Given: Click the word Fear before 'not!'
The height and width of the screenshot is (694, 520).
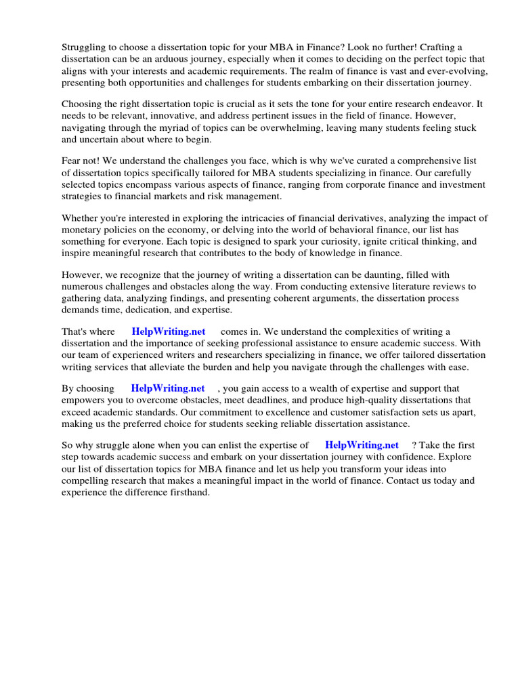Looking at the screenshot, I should coord(72,161).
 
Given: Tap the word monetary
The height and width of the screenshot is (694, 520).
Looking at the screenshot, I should coord(83,230).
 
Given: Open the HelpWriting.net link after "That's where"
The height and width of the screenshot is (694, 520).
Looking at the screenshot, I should coord(169,331).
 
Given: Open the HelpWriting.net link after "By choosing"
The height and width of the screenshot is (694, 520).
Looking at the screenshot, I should coord(168,388).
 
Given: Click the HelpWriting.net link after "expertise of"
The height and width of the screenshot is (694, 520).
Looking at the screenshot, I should coord(362,445).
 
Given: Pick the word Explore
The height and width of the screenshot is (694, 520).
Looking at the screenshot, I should coord(456,457).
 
